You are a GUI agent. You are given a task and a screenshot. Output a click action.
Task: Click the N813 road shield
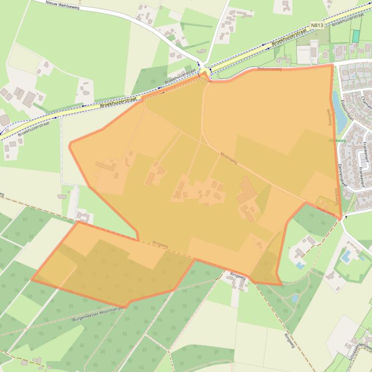317,24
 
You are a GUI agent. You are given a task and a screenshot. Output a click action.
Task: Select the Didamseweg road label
270,70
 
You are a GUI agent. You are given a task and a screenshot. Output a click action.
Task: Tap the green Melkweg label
337,141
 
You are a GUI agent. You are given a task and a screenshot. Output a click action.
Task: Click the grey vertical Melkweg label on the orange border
329,116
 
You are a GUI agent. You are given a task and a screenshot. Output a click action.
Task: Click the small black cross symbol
346,217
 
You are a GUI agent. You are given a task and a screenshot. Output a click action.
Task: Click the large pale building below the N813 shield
303,55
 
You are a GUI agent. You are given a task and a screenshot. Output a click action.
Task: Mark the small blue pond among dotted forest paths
294,299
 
